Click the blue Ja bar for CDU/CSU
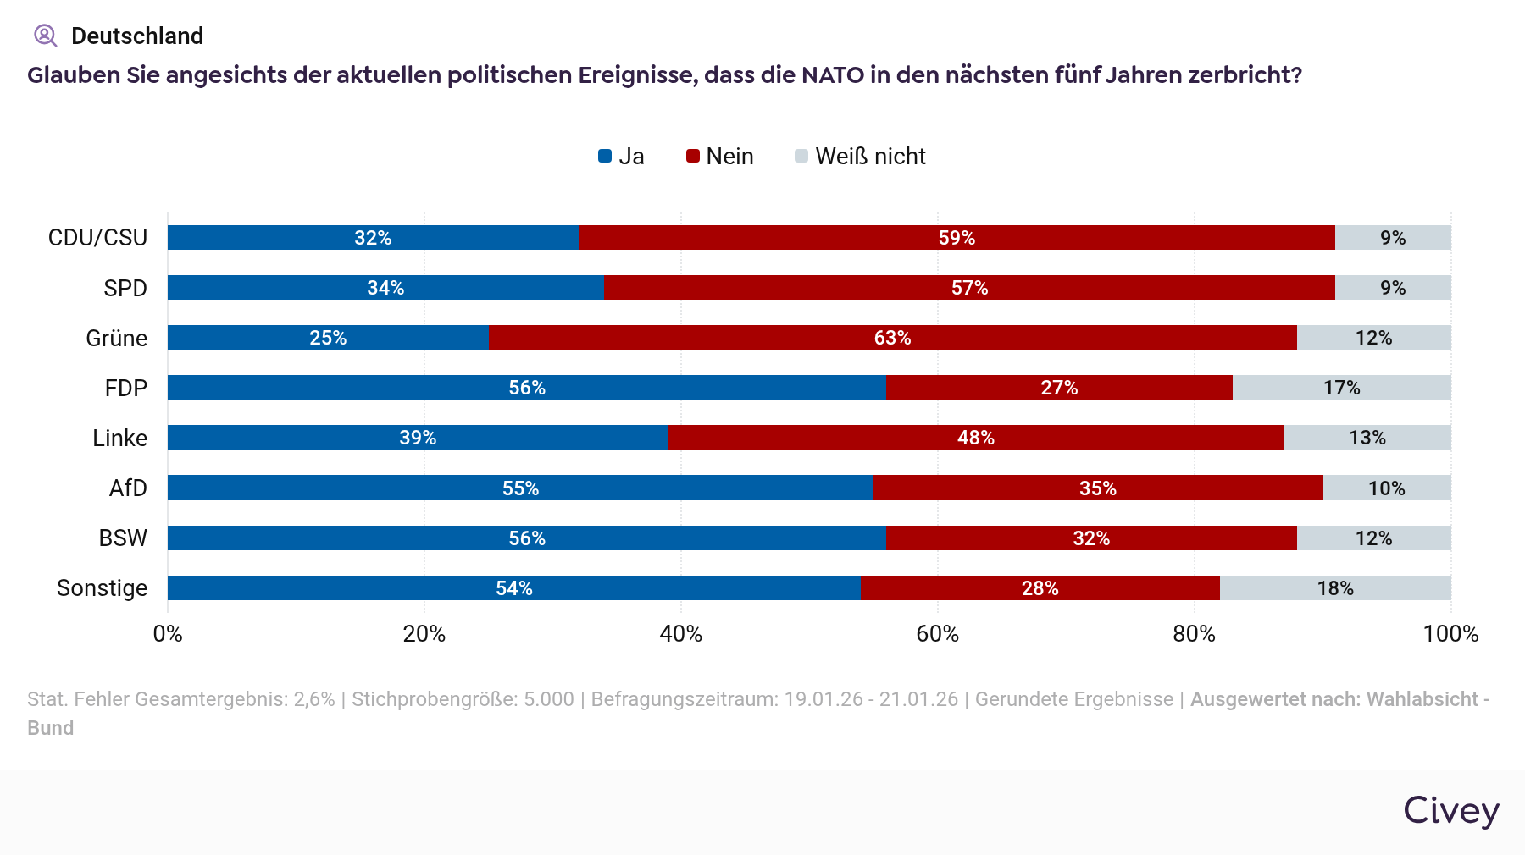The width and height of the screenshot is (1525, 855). pyautogui.click(x=373, y=238)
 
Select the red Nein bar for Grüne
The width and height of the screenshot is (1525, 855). pyautogui.click(x=892, y=338)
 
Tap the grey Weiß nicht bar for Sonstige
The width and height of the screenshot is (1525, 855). pyautogui.click(x=1335, y=588)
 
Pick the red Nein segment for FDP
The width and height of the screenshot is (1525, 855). pyautogui.click(x=1059, y=388)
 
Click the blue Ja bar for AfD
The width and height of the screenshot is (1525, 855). pyautogui.click(x=520, y=488)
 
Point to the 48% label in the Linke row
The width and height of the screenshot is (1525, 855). pyautogui.click(x=976, y=438)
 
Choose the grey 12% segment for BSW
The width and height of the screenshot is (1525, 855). pyautogui.click(x=1373, y=538)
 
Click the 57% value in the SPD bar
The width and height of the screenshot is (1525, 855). pyautogui.click(x=969, y=288)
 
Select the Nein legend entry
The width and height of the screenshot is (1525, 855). pyautogui.click(x=720, y=157)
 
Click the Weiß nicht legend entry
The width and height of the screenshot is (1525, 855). pyautogui.click(x=861, y=157)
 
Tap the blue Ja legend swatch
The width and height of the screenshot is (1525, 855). pyautogui.click(x=605, y=157)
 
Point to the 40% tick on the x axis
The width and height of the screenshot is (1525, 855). pyautogui.click(x=680, y=634)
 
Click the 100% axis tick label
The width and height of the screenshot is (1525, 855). pyautogui.click(x=1450, y=634)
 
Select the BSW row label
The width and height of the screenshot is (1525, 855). pyautogui.click(x=123, y=538)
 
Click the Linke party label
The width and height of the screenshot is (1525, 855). pyautogui.click(x=119, y=438)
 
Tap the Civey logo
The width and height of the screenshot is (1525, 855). pyautogui.click(x=1450, y=810)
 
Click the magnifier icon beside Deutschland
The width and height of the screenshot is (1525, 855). pyautogui.click(x=45, y=36)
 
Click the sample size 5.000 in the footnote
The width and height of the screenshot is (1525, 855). pyautogui.click(x=549, y=699)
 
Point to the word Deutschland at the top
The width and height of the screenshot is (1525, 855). pyautogui.click(x=137, y=36)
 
